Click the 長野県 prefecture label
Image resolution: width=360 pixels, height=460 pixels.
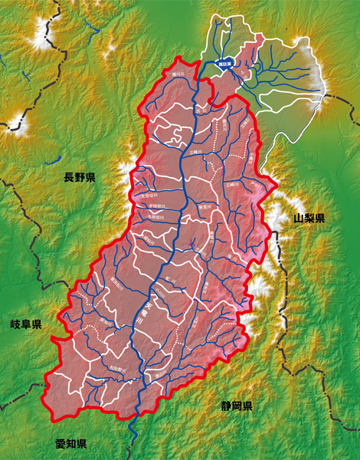click(80, 178)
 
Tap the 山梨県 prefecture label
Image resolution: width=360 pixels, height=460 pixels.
click(309, 219)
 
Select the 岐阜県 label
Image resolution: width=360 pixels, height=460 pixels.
click(26, 324)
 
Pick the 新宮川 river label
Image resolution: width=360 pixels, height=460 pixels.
click(205, 205)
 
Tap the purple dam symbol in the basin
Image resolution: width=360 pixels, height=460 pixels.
click(191, 244)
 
